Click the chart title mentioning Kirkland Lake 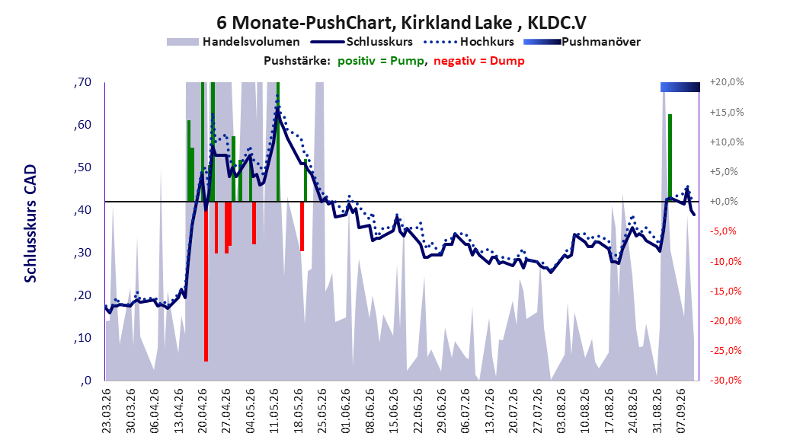click(401, 23)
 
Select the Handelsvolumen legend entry click(233, 42)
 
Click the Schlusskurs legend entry click(362, 42)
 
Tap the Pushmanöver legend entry click(582, 42)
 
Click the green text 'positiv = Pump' click(381, 61)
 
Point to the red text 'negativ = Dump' click(479, 61)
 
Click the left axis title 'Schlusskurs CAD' click(30, 224)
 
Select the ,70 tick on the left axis click(82, 82)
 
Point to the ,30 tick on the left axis click(82, 253)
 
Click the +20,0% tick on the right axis click(727, 82)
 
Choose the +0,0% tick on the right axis click(724, 202)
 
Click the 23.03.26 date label click(106, 411)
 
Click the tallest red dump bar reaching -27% click(206, 282)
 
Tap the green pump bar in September click(670, 158)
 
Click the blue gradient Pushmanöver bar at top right click(680, 87)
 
